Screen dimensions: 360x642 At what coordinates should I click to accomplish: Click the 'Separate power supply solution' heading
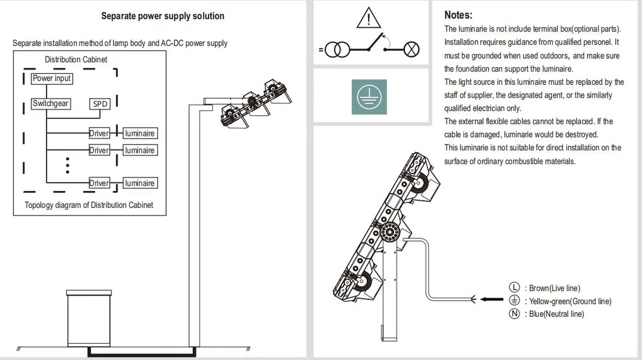[x=162, y=16]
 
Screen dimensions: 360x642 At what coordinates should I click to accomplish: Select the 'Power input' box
[x=52, y=79]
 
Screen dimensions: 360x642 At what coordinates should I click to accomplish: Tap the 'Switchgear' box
[x=50, y=104]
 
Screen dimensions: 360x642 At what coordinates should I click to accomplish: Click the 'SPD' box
[x=100, y=104]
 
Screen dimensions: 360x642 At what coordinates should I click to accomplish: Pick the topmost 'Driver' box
[x=99, y=133]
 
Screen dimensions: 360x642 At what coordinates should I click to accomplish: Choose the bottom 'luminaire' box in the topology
[x=139, y=183]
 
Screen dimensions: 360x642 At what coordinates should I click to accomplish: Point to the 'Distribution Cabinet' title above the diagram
[x=76, y=59]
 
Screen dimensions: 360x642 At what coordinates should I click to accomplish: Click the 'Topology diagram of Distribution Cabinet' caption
[x=89, y=205]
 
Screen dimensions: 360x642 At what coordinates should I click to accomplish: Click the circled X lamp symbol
[x=412, y=50]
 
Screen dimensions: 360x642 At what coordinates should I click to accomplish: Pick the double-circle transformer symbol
[x=338, y=50]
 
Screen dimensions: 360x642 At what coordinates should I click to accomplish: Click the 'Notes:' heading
[x=458, y=15]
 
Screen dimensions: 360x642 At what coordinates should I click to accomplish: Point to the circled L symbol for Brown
[x=515, y=288]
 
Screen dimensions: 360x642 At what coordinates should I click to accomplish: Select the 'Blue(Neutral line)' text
[x=557, y=314]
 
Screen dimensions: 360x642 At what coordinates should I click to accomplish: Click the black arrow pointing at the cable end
[x=492, y=299]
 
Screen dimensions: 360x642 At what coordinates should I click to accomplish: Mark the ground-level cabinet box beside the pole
[x=89, y=318]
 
